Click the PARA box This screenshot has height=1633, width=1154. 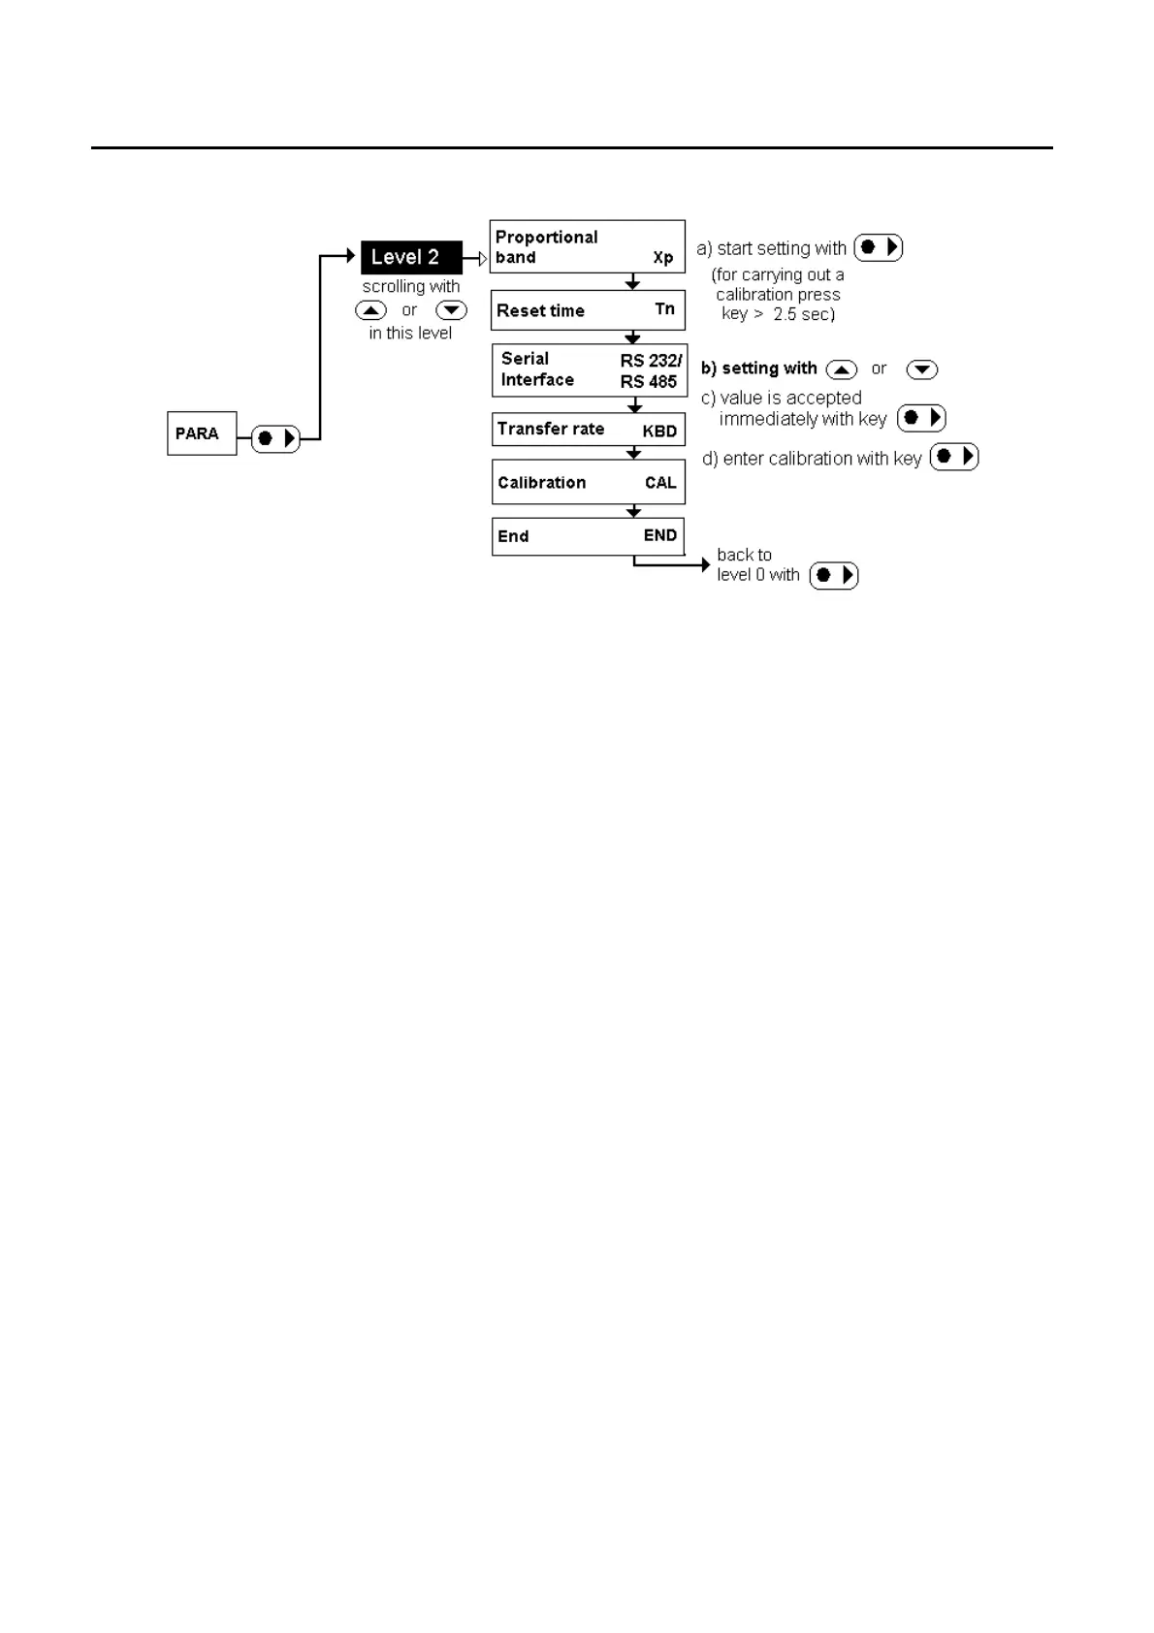[202, 433]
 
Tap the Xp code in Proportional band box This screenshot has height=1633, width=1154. [663, 258]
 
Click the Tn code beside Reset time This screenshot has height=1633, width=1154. [664, 309]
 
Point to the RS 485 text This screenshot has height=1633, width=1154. [649, 382]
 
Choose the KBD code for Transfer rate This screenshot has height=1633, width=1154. [659, 431]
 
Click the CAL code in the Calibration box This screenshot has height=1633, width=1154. [660, 483]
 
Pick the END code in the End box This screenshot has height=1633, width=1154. [660, 535]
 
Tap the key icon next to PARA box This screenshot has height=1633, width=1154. [276, 438]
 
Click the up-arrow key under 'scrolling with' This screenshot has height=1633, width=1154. [371, 310]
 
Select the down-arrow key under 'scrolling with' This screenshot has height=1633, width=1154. [451, 310]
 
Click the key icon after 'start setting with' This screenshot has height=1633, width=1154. [879, 248]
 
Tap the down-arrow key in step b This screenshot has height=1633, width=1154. [921, 369]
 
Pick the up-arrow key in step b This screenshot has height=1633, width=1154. [842, 369]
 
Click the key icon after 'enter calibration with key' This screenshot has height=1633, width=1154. [954, 457]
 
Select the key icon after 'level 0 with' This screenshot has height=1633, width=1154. [834, 575]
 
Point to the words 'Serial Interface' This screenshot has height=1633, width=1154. [537, 369]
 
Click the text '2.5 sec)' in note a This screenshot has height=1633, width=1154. [804, 314]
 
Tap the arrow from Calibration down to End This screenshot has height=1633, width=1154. [633, 511]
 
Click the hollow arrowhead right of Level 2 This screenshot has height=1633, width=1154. [482, 258]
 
